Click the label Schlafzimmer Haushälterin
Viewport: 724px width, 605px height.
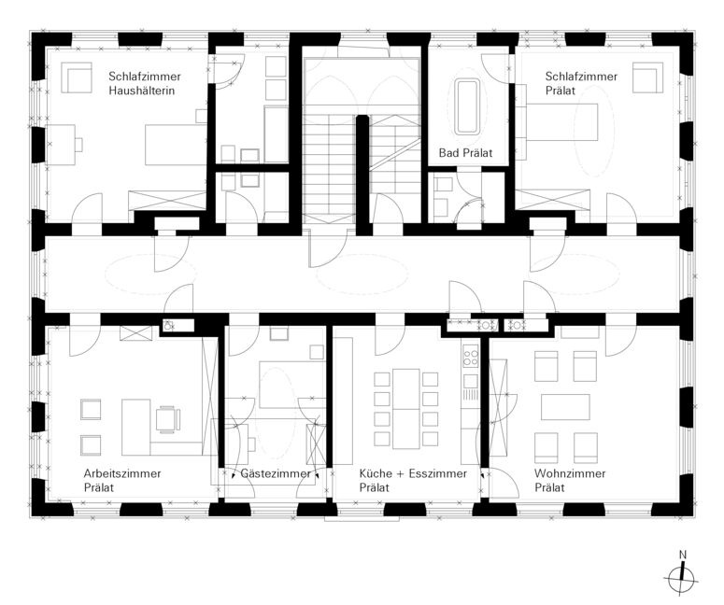(145, 83)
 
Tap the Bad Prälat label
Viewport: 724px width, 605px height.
(465, 153)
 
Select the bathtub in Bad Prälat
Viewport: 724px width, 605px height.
(468, 107)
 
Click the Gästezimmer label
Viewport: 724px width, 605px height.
(276, 473)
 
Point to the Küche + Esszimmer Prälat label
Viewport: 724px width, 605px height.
(413, 481)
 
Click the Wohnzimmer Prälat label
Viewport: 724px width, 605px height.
(570, 481)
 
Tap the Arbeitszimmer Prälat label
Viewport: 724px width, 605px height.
(122, 481)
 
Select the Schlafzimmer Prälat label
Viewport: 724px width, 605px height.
(581, 83)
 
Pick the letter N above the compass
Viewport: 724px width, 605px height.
(683, 555)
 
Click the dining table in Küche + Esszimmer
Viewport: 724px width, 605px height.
(405, 409)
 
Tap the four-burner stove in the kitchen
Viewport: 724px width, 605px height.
(471, 358)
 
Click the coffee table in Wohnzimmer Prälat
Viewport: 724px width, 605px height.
(565, 407)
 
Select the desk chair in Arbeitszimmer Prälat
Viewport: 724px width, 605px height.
(167, 419)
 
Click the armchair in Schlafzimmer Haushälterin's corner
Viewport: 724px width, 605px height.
(77, 78)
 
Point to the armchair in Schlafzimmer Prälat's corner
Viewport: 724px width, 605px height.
(647, 77)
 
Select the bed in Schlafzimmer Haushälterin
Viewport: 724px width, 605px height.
(176, 145)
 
